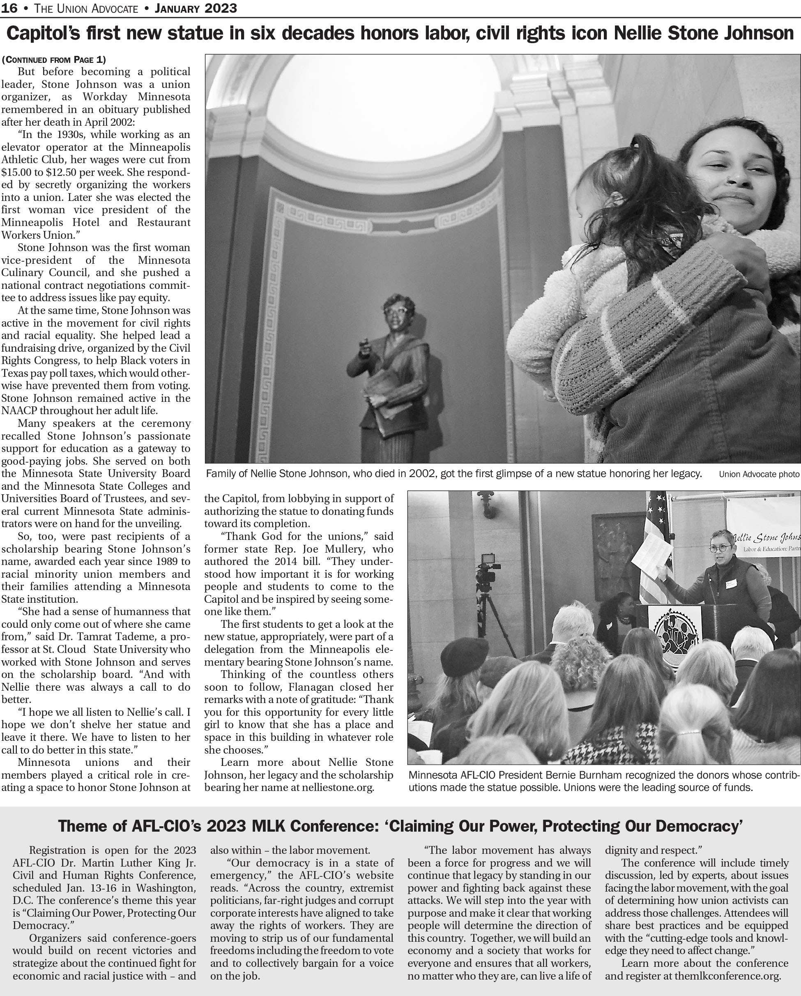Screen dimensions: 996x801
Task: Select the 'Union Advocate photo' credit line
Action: [759, 474]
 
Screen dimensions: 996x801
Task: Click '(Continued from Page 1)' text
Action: [53, 60]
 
